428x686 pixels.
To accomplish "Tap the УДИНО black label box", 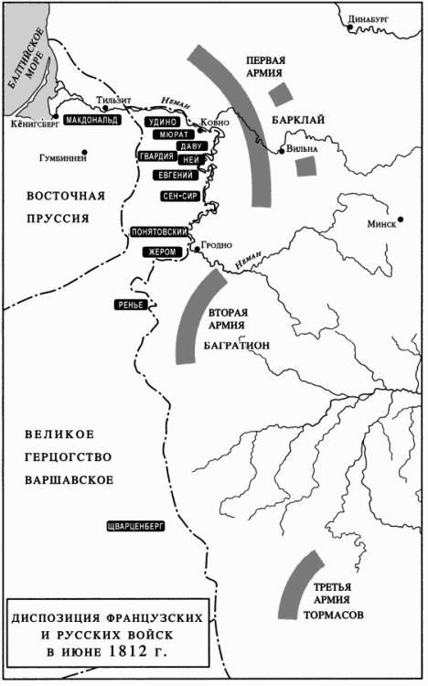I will coord(162,122).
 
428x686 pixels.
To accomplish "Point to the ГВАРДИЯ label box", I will coord(155,156).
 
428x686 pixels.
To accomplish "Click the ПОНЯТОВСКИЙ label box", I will coord(160,232).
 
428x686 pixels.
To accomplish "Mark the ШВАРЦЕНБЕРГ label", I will coord(134,526).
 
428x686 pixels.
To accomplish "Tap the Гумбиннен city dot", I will coord(85,152).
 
